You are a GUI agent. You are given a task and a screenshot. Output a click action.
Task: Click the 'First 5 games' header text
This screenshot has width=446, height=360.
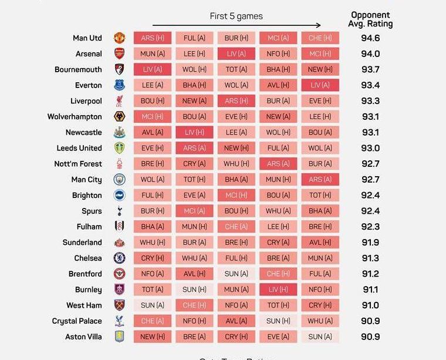click(x=236, y=16)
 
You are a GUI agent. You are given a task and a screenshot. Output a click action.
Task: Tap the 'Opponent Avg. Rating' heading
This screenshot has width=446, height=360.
click(x=370, y=19)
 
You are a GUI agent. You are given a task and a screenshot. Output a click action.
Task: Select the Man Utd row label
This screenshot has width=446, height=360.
click(x=87, y=38)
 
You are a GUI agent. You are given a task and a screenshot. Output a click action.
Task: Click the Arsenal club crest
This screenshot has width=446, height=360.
click(x=120, y=54)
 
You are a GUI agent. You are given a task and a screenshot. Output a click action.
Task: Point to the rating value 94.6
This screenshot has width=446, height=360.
click(x=370, y=38)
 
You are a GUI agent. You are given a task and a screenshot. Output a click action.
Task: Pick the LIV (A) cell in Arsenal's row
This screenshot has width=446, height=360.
click(x=236, y=54)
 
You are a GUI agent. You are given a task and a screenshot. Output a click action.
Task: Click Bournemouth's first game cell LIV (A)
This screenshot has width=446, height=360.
click(x=153, y=69)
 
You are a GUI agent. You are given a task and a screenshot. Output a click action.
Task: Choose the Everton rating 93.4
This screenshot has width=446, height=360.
click(x=370, y=85)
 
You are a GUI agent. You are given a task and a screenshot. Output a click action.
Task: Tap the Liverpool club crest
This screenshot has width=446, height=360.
click(x=120, y=101)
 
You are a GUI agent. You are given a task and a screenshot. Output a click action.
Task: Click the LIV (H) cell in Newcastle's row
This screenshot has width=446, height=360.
click(x=194, y=133)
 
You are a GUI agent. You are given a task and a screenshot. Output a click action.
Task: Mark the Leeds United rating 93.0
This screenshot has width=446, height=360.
click(x=370, y=148)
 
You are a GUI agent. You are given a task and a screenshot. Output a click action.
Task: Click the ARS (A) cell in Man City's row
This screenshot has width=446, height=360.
click(x=320, y=180)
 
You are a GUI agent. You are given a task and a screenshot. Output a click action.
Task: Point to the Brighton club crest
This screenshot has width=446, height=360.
click(x=120, y=196)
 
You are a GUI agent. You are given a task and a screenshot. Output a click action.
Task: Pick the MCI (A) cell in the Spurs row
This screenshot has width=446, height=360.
click(x=194, y=211)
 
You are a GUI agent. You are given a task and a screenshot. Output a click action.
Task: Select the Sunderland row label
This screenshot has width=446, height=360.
click(x=82, y=243)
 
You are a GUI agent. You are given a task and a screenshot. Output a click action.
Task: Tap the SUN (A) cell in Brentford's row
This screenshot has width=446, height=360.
click(x=236, y=274)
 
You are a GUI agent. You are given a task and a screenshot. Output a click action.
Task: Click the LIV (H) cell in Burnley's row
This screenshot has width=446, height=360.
click(x=278, y=290)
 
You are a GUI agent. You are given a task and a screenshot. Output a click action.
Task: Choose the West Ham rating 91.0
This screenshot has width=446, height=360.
click(x=370, y=305)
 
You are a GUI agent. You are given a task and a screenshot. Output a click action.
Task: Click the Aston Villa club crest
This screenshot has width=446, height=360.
click(x=120, y=337)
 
